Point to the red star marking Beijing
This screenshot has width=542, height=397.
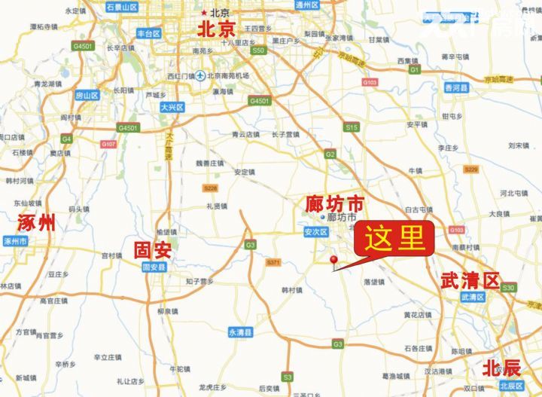pyautogui.click(x=203, y=13)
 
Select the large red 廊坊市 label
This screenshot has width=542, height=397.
pyautogui.click(x=334, y=203)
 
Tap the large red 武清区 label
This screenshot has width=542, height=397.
pyautogui.click(x=471, y=281)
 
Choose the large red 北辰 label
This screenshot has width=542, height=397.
pyautogui.click(x=502, y=368)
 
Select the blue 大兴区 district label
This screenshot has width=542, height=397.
pyautogui.click(x=172, y=108)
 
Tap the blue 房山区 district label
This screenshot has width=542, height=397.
pyautogui.click(x=87, y=96)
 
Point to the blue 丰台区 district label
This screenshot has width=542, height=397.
pyautogui.click(x=148, y=34)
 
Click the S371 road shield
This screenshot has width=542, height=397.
pyautogui.click(x=273, y=262)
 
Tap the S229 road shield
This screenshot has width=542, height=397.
pyautogui.click(x=471, y=169)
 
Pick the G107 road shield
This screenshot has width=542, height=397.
pyautogui.click(x=108, y=144)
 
